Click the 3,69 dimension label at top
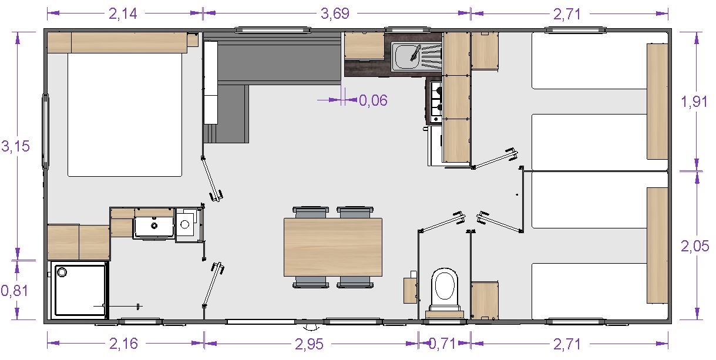335,14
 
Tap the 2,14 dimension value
123,14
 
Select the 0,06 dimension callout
374,100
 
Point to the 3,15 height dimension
15,146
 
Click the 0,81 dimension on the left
15,291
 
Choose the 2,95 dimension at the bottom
309,344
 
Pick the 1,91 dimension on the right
694,102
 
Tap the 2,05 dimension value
695,246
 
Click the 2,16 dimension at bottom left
124,344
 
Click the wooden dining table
333,247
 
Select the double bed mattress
125,115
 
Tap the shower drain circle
62,272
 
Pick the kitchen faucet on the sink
415,53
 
